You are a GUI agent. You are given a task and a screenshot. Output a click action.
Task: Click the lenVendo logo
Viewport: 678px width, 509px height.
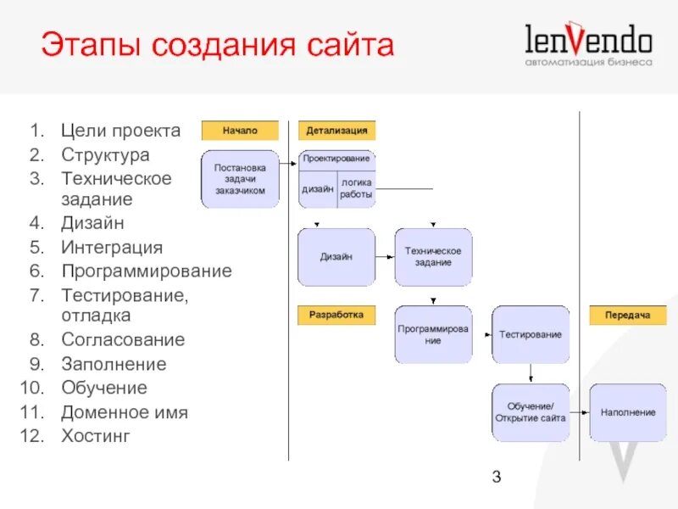(x=588, y=46)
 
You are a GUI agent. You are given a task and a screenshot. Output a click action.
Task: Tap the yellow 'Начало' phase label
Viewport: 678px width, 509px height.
(x=240, y=131)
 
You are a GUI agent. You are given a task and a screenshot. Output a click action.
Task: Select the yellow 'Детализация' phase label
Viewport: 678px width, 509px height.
(x=336, y=131)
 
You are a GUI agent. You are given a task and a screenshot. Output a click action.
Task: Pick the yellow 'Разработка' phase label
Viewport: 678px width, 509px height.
(x=336, y=315)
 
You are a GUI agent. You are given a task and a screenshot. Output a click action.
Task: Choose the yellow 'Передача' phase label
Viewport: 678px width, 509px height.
(x=628, y=316)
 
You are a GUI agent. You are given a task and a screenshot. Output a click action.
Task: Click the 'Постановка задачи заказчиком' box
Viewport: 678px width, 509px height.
(x=240, y=179)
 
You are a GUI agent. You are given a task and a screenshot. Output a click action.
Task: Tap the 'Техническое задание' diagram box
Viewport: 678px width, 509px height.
(x=433, y=257)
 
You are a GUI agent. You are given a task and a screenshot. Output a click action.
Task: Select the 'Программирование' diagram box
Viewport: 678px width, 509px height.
(x=433, y=334)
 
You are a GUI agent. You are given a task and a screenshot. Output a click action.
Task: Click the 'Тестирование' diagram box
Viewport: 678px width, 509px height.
(x=531, y=334)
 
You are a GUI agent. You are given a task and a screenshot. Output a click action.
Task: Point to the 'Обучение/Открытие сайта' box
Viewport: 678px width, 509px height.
(x=531, y=412)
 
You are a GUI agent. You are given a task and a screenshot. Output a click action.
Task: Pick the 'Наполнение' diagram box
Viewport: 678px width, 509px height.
(x=628, y=412)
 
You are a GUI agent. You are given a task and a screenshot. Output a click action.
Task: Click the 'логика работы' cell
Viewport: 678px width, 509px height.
(x=356, y=188)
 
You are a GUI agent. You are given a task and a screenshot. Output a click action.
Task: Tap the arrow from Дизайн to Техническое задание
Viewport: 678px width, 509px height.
(x=385, y=257)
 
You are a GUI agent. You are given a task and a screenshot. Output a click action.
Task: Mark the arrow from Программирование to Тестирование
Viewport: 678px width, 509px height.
(x=482, y=334)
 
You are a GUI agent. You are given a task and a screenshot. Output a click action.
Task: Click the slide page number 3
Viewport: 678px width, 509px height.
(x=497, y=477)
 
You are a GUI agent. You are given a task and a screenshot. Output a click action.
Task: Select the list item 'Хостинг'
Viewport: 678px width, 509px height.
(x=96, y=437)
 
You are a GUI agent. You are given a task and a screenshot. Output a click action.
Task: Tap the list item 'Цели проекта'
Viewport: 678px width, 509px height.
(x=120, y=131)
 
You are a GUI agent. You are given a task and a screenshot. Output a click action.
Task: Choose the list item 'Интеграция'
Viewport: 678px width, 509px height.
(x=111, y=248)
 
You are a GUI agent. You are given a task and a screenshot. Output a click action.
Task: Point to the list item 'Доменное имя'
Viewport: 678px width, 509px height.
(x=124, y=413)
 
